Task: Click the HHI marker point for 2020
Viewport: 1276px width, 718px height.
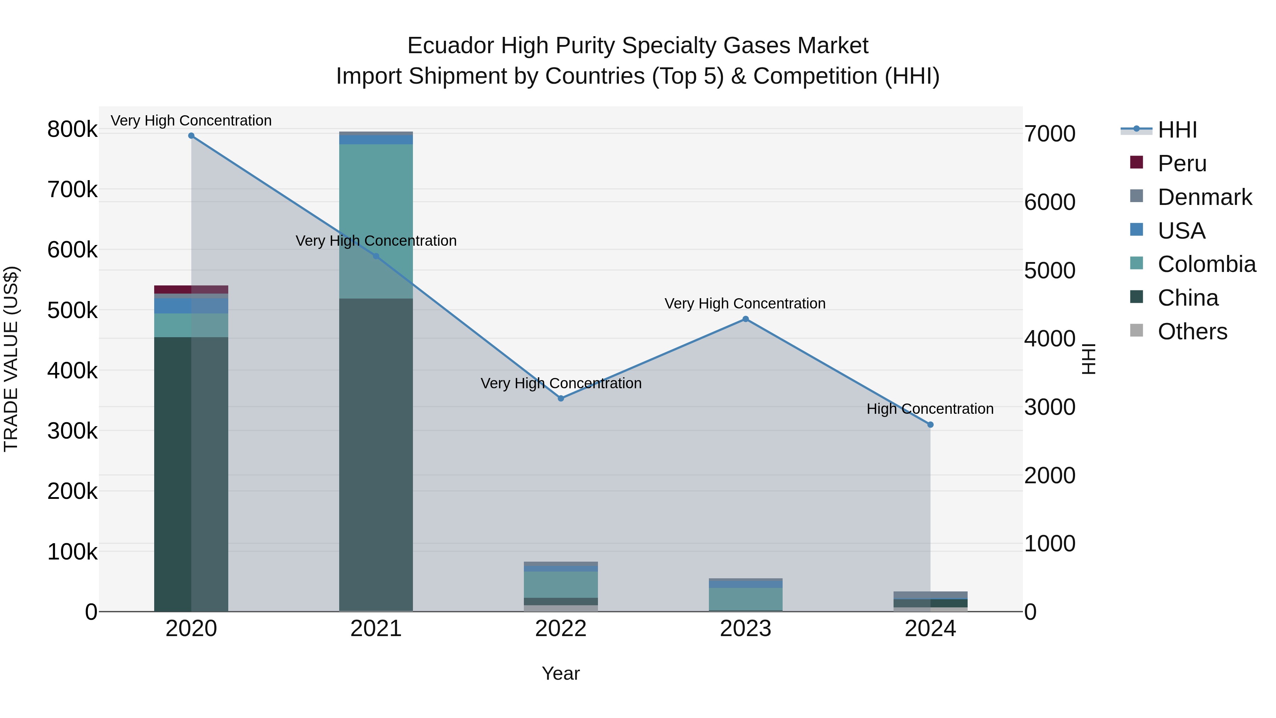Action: coord(191,136)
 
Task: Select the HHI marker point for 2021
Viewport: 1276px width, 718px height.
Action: coord(376,256)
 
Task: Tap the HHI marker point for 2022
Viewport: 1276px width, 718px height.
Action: coord(561,399)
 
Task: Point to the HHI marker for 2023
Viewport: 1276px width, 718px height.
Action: coord(745,319)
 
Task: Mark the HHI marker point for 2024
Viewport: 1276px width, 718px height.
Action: coord(930,425)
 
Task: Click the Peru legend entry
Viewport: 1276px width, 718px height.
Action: coord(1181,163)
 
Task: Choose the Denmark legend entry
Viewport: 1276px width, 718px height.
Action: coord(1204,197)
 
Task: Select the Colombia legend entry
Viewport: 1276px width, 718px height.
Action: coord(1206,265)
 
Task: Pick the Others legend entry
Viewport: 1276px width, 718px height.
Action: coord(1192,332)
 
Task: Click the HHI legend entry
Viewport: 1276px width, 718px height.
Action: coord(1176,130)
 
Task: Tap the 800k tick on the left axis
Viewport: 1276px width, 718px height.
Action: coord(72,129)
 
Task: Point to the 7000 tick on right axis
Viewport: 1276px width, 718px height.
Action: coord(1050,134)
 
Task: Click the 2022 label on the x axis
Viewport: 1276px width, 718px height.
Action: coord(561,629)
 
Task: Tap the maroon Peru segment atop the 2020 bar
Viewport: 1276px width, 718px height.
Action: coord(173,289)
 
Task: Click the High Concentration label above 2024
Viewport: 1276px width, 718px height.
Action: coord(930,409)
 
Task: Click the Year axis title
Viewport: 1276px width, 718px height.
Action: coord(561,673)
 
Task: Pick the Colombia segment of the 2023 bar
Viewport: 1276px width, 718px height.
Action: coord(745,599)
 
